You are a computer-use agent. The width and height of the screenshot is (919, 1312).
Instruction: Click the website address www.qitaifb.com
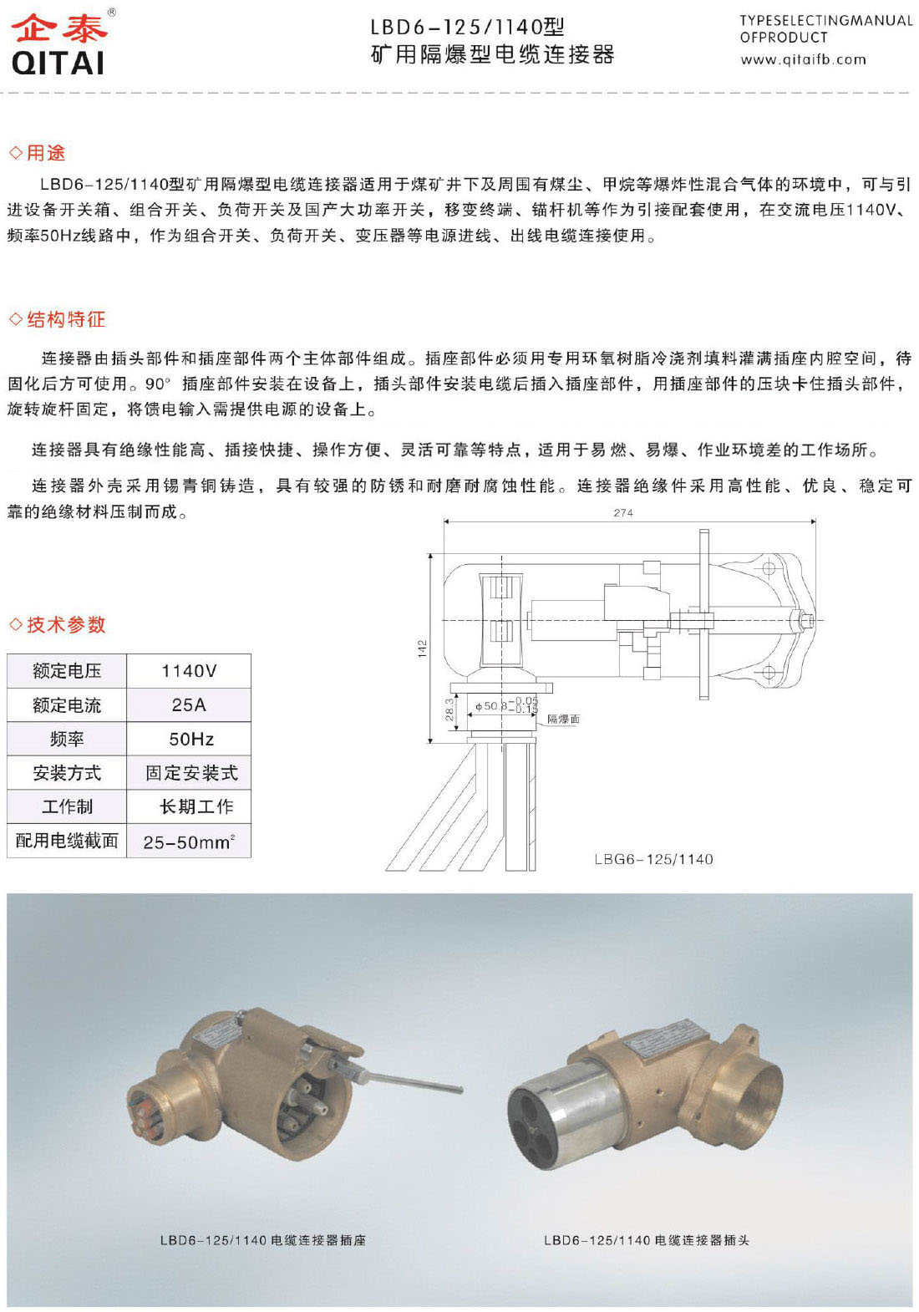click(x=803, y=59)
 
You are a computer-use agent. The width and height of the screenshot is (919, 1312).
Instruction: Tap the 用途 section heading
click(x=45, y=153)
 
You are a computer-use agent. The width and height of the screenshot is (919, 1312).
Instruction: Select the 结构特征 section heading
click(x=65, y=319)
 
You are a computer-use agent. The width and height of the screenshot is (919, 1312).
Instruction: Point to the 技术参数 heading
click(x=65, y=624)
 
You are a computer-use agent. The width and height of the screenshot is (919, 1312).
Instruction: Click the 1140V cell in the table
click(x=189, y=671)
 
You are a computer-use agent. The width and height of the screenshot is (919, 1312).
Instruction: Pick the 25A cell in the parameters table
click(x=189, y=705)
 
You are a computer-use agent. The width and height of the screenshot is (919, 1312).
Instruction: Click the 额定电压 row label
click(x=67, y=671)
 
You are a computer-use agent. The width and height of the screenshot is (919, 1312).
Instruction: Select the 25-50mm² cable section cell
click(x=189, y=842)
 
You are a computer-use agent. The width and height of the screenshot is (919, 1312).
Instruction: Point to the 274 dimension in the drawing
click(x=623, y=512)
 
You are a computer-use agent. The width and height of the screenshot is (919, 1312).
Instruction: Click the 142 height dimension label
click(x=422, y=648)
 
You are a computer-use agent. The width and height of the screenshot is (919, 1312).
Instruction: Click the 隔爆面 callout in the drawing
click(x=563, y=719)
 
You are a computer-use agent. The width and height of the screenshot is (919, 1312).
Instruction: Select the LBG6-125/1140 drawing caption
click(x=653, y=859)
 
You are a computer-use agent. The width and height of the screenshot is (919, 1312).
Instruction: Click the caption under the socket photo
click(x=262, y=1240)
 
